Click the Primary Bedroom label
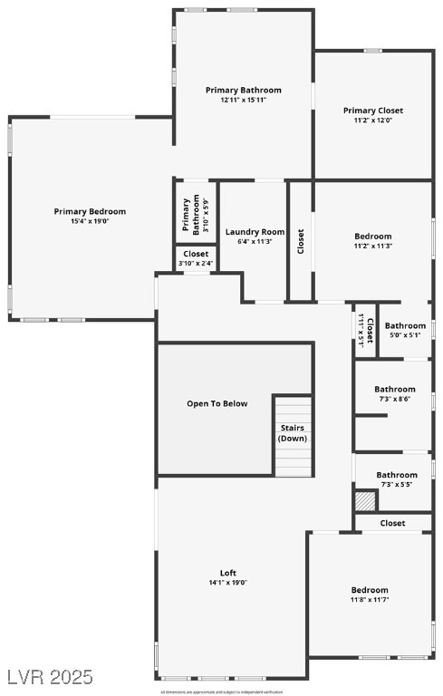pos(90,211)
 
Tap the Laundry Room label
pos(254,232)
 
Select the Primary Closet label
pos(372,111)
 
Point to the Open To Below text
pos(217,403)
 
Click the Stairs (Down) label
pos(292,432)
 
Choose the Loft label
pos(227,573)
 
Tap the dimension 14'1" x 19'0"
pos(227,583)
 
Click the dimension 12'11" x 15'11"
pos(243,100)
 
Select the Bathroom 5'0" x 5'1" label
pos(405,325)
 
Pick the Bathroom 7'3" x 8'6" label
pos(394,389)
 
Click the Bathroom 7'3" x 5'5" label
pos(397,474)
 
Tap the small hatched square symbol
pos(364,501)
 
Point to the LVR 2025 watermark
pos(49,677)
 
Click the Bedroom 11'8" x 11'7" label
pos(370,590)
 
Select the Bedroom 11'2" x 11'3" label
pos(372,236)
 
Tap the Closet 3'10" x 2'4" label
pos(196,254)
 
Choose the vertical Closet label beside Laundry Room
pos(301,239)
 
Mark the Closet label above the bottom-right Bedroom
pos(392,523)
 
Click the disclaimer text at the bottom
pos(222,691)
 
